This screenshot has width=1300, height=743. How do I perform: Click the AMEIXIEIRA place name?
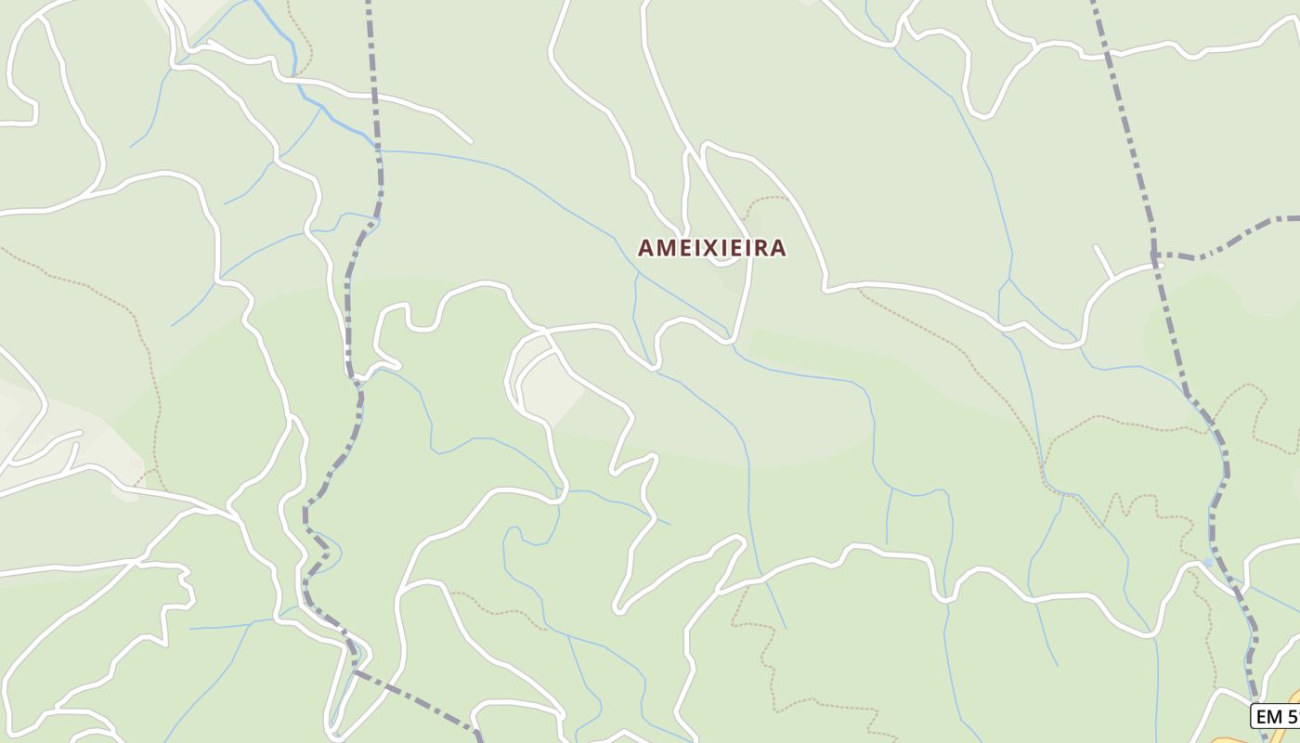(711, 248)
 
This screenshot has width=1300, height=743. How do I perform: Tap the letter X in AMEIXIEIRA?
(704, 248)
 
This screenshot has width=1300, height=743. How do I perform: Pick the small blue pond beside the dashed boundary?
(1206, 562)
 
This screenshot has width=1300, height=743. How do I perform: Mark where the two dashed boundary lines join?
(1154, 254)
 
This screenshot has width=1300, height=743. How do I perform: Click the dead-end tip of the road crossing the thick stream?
(470, 141)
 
